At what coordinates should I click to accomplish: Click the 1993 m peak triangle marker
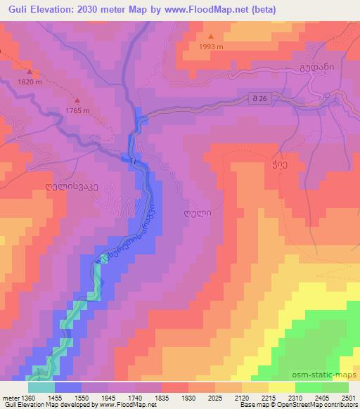(211, 37)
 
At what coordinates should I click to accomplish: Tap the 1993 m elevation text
(211, 47)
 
